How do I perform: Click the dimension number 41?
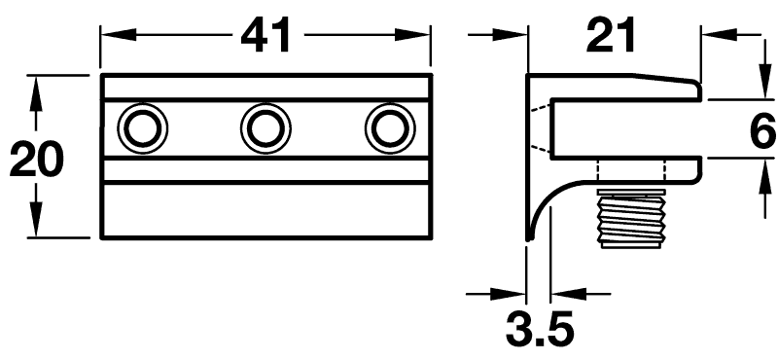pyautogui.click(x=265, y=37)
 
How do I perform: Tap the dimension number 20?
pyautogui.click(x=36, y=160)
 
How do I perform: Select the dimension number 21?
pyautogui.click(x=611, y=35)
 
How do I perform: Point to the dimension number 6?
pyautogui.click(x=762, y=130)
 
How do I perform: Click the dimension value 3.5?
pyautogui.click(x=540, y=329)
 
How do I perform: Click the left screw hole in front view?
pyautogui.click(x=142, y=128)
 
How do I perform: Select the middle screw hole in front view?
pyautogui.click(x=265, y=128)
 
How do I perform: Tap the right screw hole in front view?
pyautogui.click(x=390, y=128)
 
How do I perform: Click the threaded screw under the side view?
pyautogui.click(x=630, y=219)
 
